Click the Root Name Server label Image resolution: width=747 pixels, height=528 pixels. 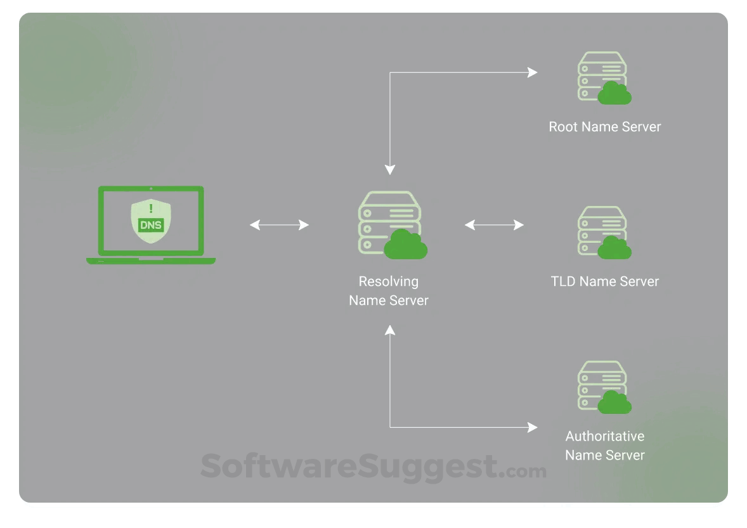[604, 127]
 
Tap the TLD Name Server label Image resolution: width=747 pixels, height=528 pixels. [604, 281]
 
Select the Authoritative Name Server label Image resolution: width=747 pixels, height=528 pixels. [604, 446]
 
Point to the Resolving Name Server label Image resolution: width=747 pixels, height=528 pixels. [389, 291]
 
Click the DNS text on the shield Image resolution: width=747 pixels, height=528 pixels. [151, 224]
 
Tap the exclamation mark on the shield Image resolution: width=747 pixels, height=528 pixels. [151, 208]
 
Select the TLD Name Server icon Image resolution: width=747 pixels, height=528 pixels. [603, 232]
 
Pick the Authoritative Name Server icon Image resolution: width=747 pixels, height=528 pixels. [603, 387]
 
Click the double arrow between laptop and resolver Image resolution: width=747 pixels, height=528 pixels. [279, 224]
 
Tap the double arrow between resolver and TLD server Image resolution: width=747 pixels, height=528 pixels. [494, 224]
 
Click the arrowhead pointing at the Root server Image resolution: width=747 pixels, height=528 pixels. [533, 72]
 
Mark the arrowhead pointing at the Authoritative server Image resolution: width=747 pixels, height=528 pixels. [533, 427]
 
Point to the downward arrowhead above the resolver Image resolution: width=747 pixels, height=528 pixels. [390, 170]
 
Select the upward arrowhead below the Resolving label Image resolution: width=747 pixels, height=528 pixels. [390, 330]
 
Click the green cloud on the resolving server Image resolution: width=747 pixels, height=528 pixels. [406, 245]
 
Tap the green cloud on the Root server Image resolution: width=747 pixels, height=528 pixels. [614, 94]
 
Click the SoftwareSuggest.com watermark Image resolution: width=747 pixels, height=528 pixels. [373, 468]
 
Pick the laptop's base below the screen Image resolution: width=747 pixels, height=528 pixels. [151, 261]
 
